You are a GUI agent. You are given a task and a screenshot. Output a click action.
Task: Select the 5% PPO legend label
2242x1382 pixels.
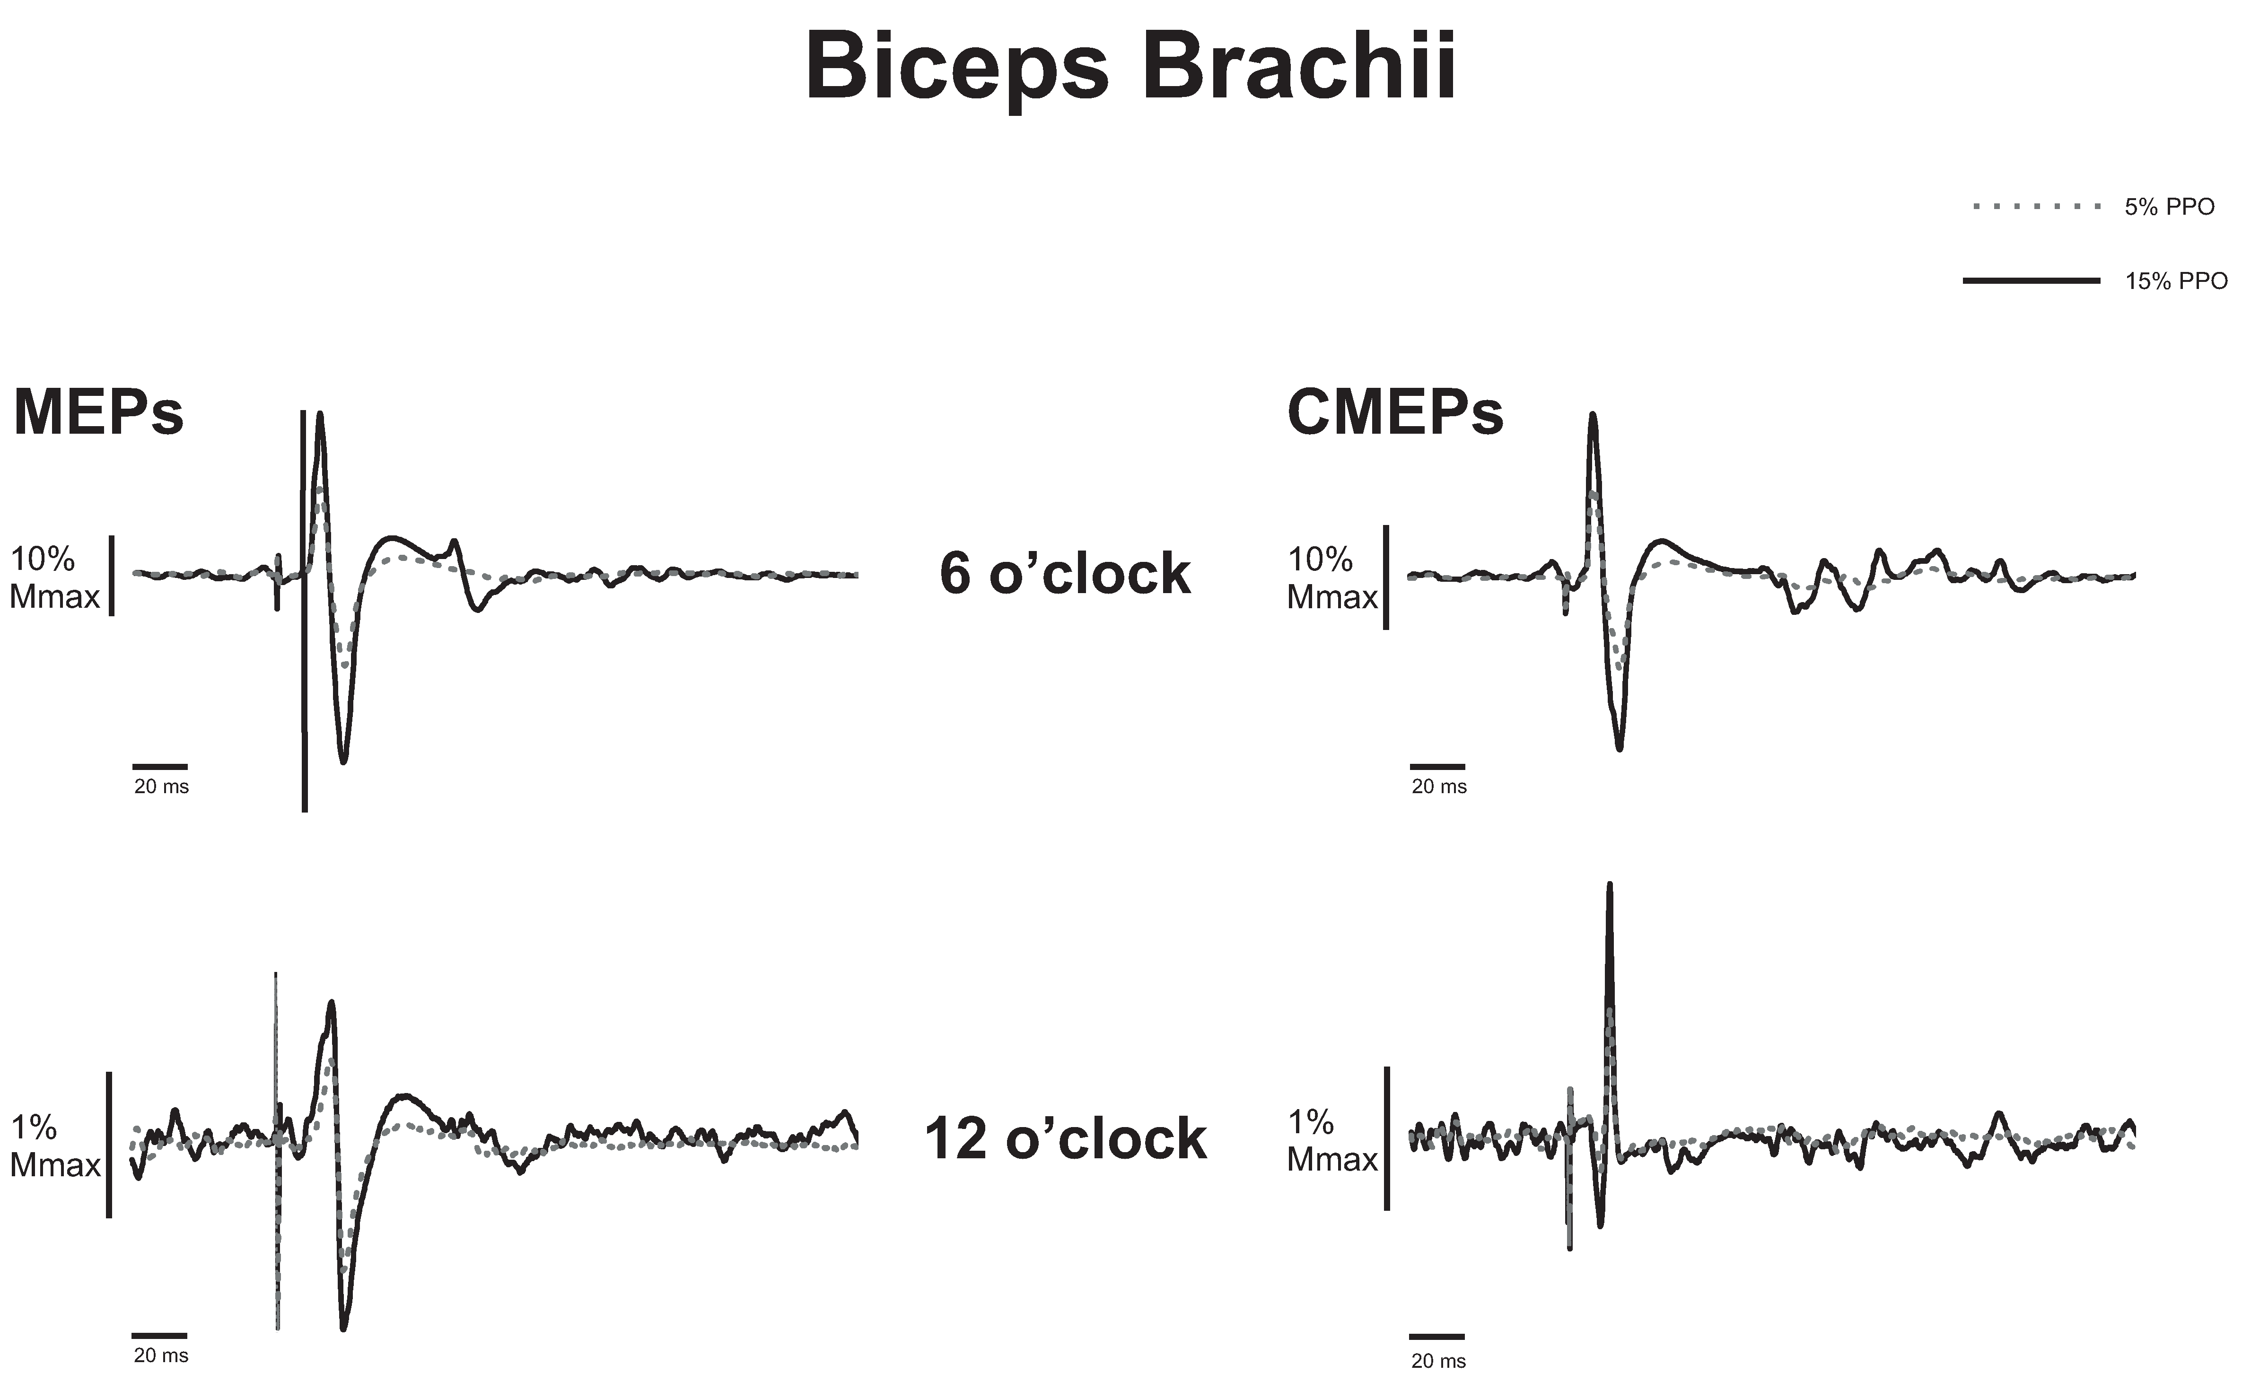point(2169,208)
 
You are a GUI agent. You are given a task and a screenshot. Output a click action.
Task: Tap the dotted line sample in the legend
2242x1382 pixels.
point(2036,208)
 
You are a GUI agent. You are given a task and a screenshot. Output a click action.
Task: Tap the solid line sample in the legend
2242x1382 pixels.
point(2031,280)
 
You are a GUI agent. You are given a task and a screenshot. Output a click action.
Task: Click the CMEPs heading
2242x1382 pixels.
point(1395,413)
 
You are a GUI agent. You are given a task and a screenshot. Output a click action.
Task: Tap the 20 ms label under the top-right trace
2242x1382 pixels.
point(1438,786)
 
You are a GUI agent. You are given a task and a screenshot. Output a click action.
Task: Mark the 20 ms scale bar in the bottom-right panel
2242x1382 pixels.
point(1437,1336)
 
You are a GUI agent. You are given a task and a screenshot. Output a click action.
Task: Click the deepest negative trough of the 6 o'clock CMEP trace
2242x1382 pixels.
point(1620,748)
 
